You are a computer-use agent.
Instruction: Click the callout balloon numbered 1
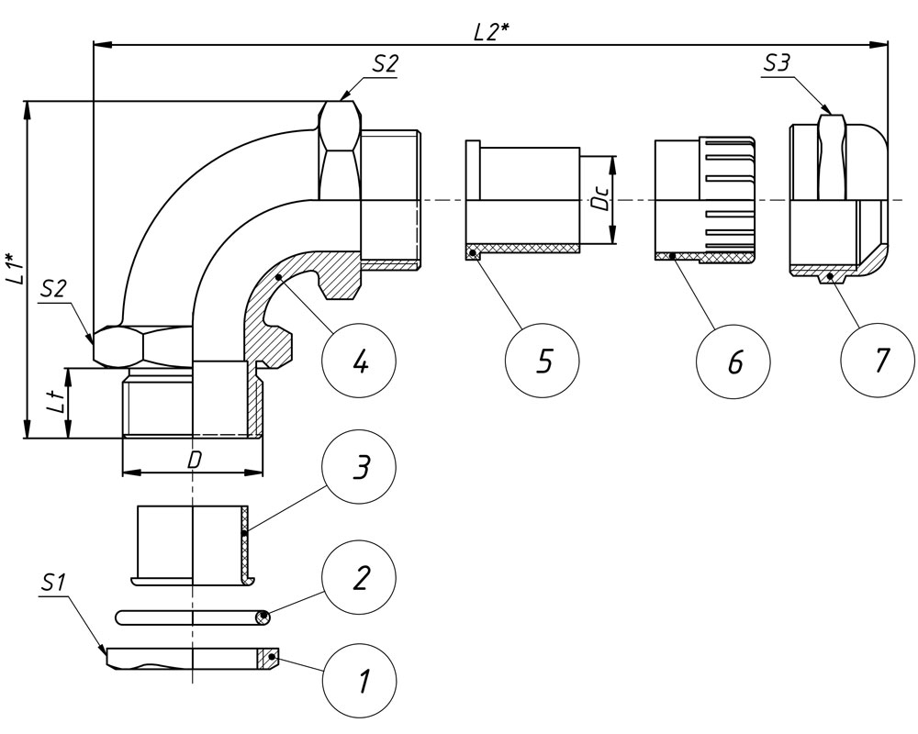(360, 681)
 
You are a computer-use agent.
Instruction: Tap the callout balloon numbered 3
(360, 468)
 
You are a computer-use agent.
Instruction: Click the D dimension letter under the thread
(194, 461)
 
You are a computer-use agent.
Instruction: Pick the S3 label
(778, 65)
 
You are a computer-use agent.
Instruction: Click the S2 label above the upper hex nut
(385, 65)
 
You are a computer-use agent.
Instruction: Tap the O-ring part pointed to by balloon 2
(193, 618)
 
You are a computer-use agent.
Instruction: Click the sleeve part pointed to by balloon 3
(193, 542)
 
